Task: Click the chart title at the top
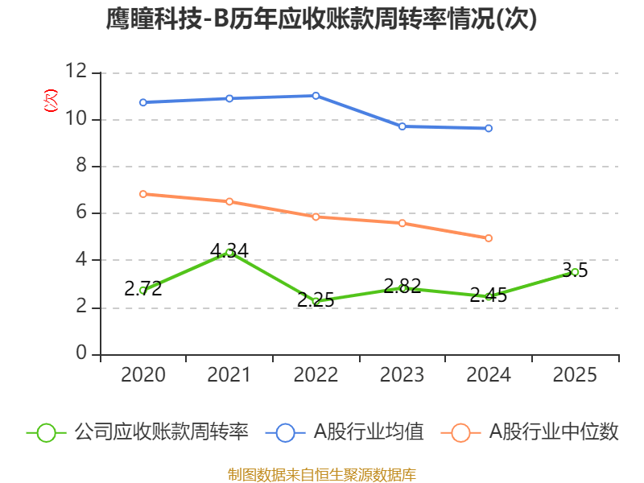coord(321,19)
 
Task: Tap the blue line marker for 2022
coord(316,96)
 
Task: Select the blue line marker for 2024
coord(489,128)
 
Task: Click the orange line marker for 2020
coord(143,194)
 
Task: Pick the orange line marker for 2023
coord(402,223)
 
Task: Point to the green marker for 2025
coord(575,272)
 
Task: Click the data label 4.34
coord(229,250)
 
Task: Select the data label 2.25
coord(316,299)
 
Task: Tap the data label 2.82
coord(402,286)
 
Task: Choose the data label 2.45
coord(489,295)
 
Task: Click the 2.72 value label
coord(143,289)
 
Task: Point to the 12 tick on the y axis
coord(76,71)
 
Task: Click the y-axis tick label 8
coord(81,165)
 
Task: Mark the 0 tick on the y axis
coord(81,353)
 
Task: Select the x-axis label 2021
coord(229,374)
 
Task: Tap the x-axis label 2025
coord(575,374)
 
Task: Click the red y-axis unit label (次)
coord(51,101)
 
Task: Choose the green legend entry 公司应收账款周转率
coord(138,432)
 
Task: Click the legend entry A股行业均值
coord(345,432)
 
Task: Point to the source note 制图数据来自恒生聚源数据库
coord(321,475)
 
